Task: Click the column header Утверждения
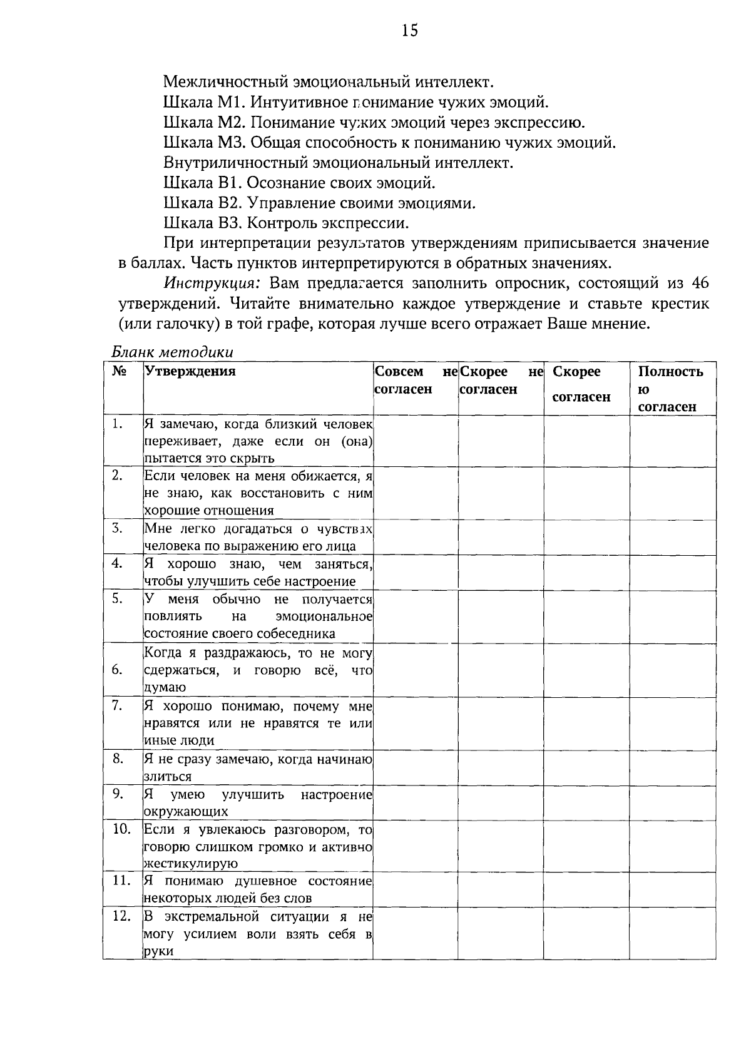[190, 371]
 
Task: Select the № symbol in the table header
[119, 371]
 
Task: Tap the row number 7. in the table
[117, 705]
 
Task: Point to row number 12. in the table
[121, 916]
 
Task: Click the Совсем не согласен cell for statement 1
[416, 441]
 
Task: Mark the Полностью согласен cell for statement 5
[672, 616]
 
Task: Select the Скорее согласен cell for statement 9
[586, 802]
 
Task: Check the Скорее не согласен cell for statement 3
[501, 536]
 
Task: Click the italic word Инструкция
[212, 283]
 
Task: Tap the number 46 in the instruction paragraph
[700, 283]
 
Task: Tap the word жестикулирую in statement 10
[191, 864]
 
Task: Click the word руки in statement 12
[158, 951]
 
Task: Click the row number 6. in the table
[117, 670]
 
